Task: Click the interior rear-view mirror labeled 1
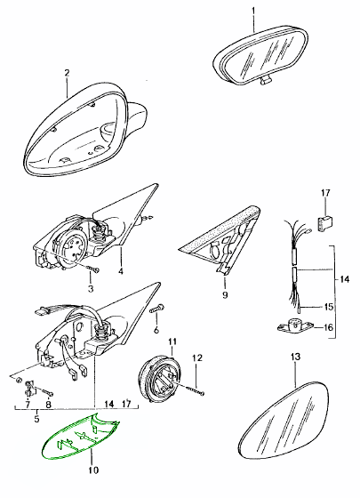[x=260, y=55]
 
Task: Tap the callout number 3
[x=91, y=289]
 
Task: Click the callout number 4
[x=121, y=271]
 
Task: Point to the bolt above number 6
[x=157, y=309]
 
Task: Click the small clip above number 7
[x=29, y=388]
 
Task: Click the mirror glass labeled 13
[x=284, y=420]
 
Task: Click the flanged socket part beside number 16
[x=294, y=326]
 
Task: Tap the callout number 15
[x=329, y=307]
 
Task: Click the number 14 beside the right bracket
[x=344, y=279]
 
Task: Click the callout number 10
[x=94, y=470]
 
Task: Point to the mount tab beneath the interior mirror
[x=266, y=81]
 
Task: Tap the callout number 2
[x=67, y=73]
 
